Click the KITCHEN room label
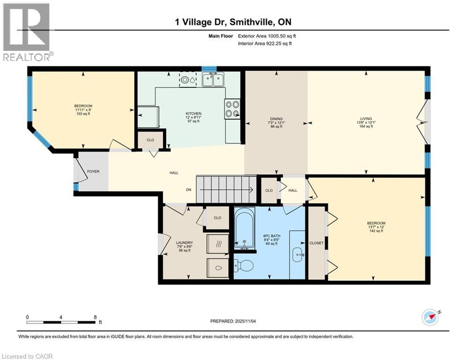(193, 114)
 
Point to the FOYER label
(93, 172)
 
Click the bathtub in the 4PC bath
(244, 229)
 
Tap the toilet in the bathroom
(244, 266)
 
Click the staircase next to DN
(225, 189)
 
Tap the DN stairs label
(188, 190)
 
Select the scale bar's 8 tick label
(95, 316)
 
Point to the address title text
(233, 22)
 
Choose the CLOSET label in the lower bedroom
(316, 243)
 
